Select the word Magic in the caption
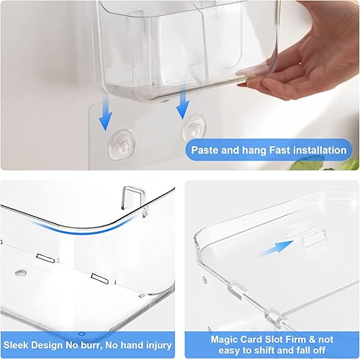(225, 338)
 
